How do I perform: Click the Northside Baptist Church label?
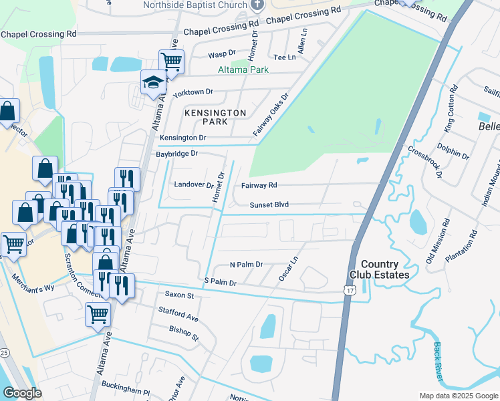coord(194,5)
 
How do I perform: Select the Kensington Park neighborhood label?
coord(215,117)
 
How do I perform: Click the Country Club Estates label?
coord(379,269)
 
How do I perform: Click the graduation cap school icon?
coord(152,83)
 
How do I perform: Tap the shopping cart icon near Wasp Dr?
coord(171,62)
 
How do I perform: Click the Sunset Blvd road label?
coord(269,205)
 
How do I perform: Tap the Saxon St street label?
coord(179,295)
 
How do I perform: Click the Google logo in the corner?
coord(22,393)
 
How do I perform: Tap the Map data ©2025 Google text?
coord(458,396)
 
